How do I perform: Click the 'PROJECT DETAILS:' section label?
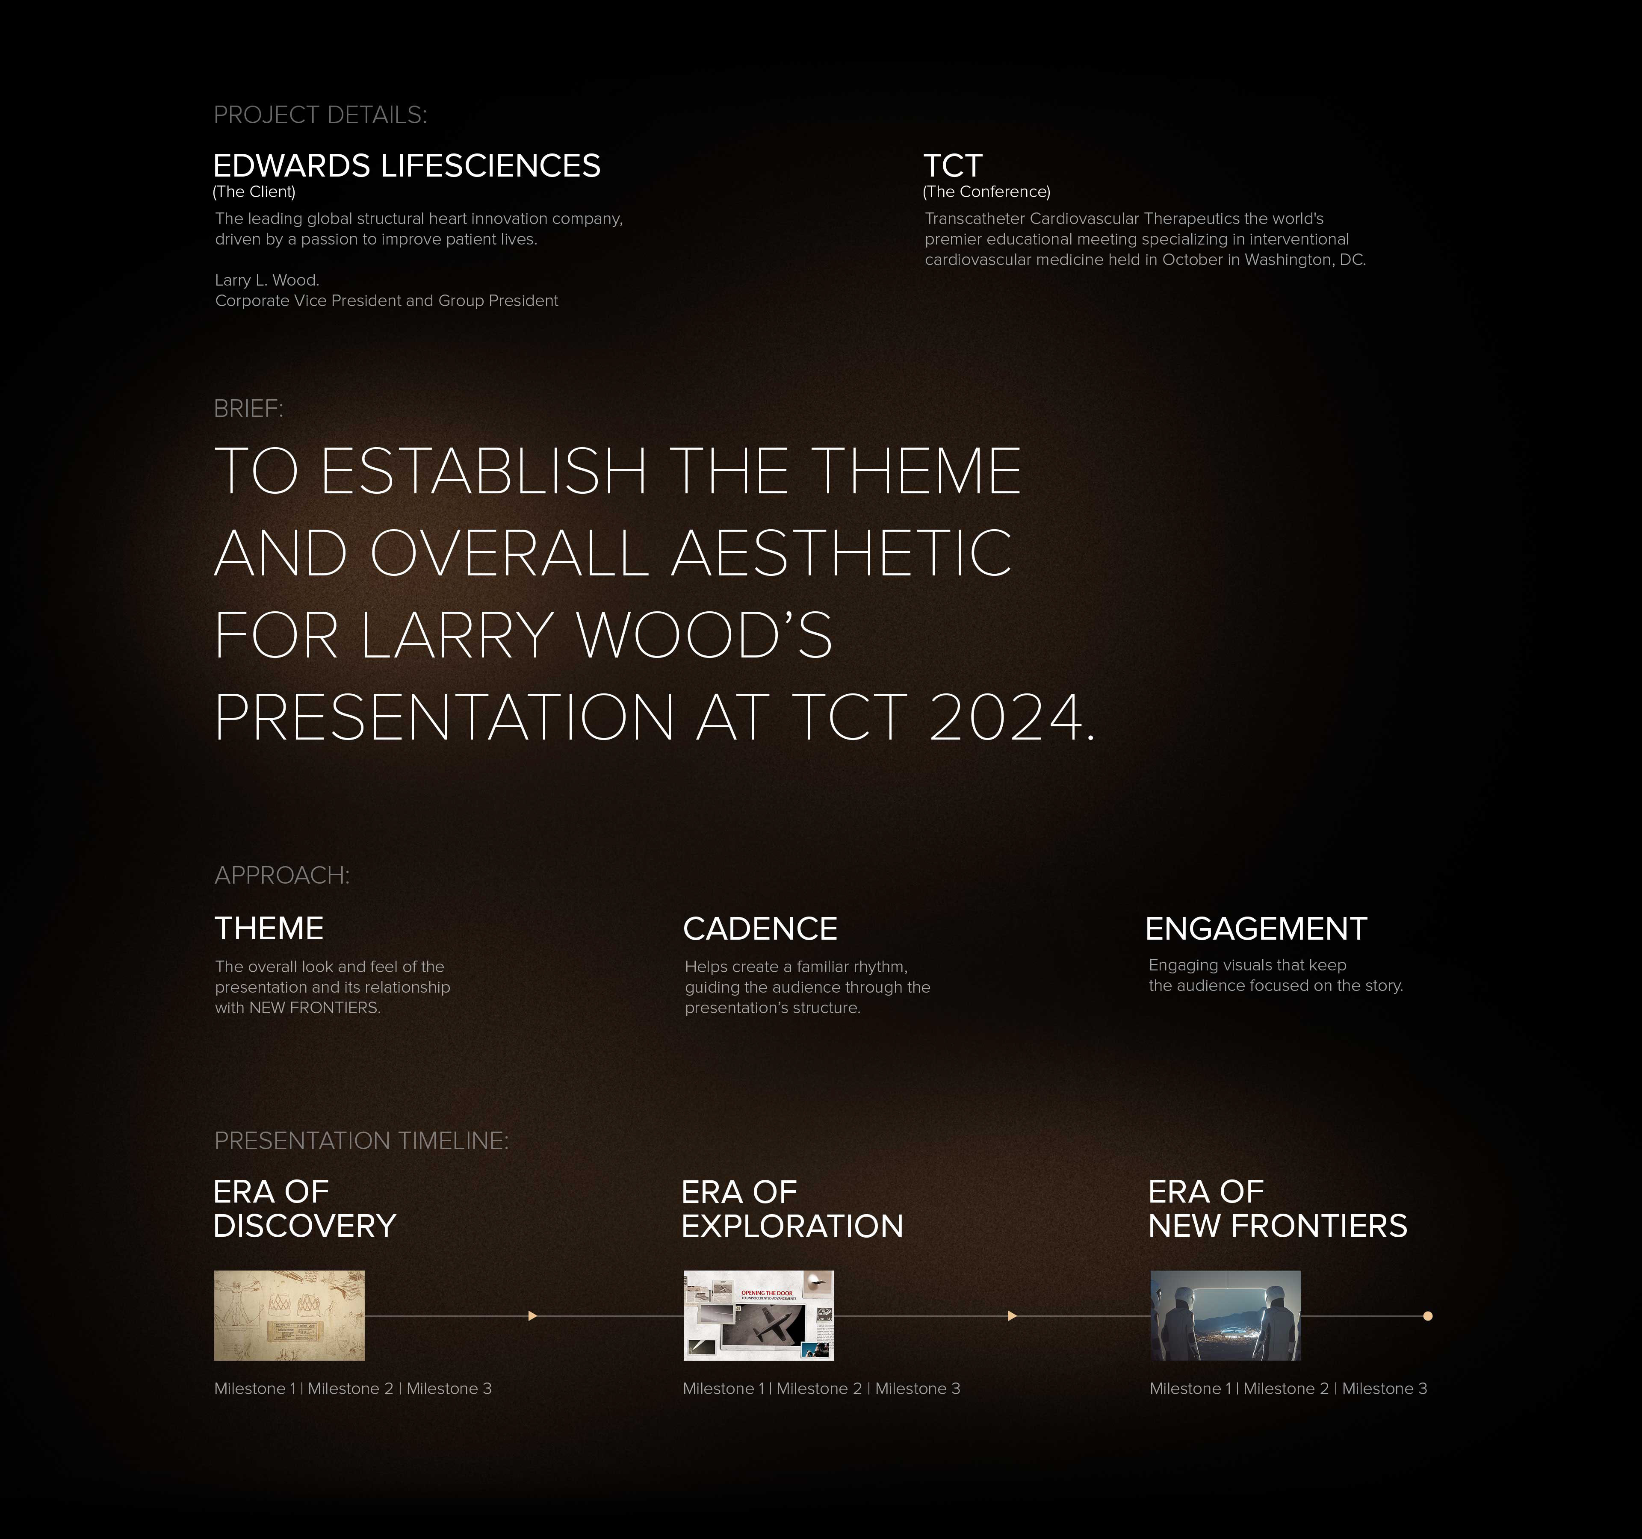[320, 115]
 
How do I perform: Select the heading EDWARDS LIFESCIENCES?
[406, 166]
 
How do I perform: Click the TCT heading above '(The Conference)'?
[952, 166]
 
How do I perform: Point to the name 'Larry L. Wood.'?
[267, 280]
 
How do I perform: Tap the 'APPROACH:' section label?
[282, 875]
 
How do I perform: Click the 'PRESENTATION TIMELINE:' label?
[361, 1140]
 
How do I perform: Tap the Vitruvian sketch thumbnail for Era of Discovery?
[289, 1315]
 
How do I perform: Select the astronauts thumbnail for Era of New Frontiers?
[1226, 1315]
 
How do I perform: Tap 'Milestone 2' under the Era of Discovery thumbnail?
[350, 1389]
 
